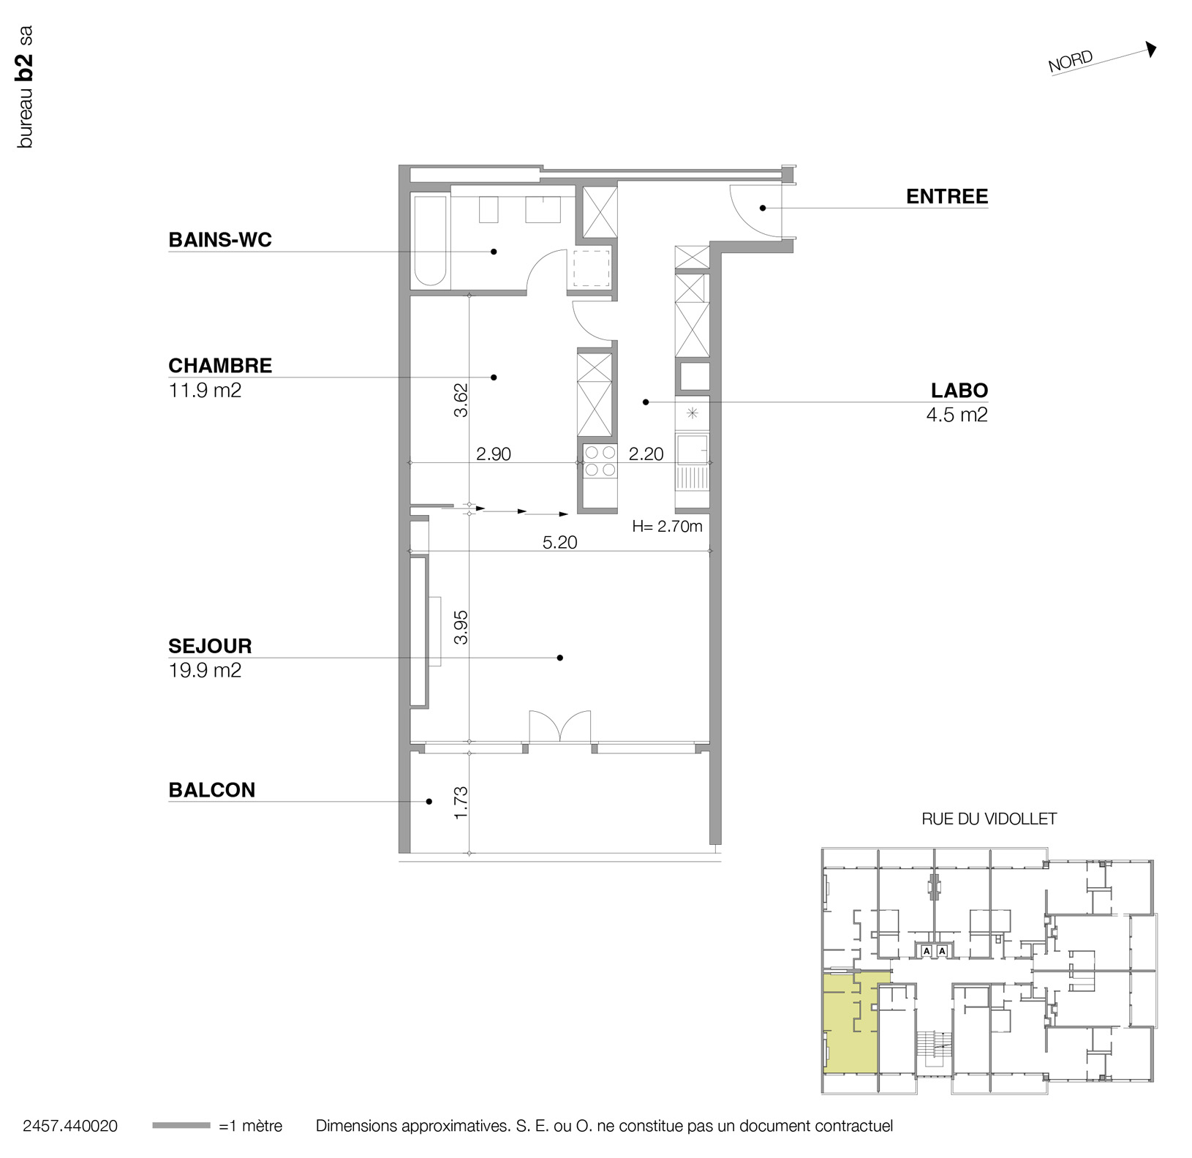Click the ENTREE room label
click(x=947, y=196)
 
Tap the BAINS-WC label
click(x=220, y=240)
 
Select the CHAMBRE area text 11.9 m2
click(x=205, y=391)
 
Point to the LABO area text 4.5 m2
click(x=957, y=415)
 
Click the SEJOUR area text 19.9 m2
click(x=205, y=670)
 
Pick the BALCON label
click(x=212, y=790)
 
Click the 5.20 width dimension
click(x=560, y=542)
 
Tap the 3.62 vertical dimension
click(x=461, y=400)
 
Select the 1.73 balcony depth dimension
click(x=461, y=802)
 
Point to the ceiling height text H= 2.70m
click(x=667, y=526)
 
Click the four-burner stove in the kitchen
click(x=600, y=461)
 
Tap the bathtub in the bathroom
click(x=430, y=241)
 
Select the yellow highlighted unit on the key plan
click(x=851, y=1024)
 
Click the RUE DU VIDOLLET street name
click(x=989, y=819)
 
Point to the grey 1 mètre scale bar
click(x=181, y=1126)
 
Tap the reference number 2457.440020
click(x=70, y=1127)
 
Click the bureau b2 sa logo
click(x=26, y=87)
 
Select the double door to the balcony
click(x=560, y=726)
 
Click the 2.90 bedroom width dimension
click(x=494, y=454)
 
